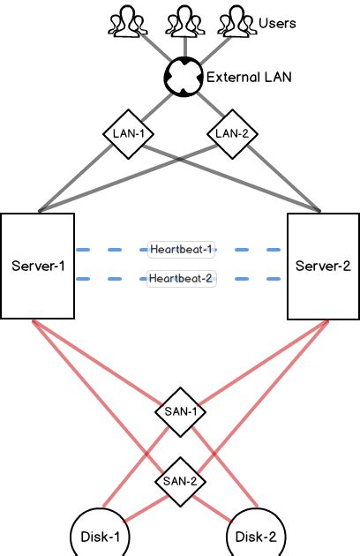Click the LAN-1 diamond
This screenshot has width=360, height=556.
[129, 133]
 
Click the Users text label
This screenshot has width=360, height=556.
[277, 23]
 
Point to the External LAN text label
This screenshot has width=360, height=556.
[248, 78]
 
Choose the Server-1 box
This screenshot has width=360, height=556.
[38, 265]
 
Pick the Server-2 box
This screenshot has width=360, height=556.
[323, 265]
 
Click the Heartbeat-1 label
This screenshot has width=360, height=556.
[181, 250]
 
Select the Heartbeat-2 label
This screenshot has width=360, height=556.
[181, 279]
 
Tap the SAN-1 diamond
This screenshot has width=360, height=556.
[180, 410]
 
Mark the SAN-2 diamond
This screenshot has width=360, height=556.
[180, 482]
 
